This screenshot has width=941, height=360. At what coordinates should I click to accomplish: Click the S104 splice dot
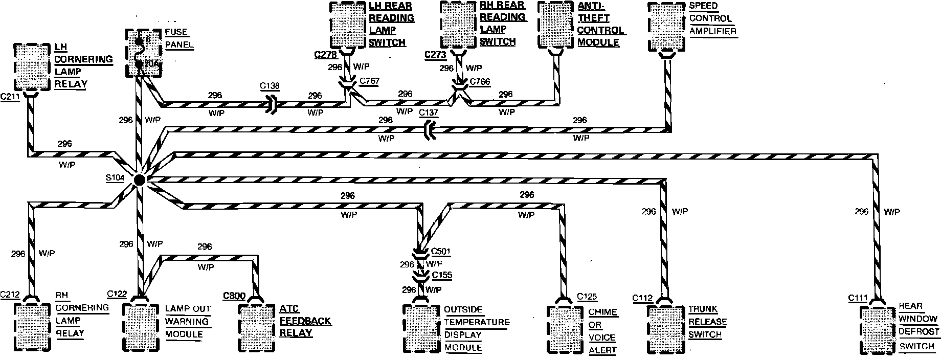(x=139, y=179)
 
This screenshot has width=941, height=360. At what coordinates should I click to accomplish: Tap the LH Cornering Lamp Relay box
(x=32, y=67)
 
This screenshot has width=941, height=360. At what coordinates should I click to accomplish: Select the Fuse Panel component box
(x=143, y=53)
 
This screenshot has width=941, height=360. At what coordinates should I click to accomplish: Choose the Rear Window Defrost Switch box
(x=878, y=330)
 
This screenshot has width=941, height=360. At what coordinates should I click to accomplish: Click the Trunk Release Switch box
(x=665, y=328)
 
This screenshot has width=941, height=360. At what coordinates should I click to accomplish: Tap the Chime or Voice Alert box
(x=566, y=329)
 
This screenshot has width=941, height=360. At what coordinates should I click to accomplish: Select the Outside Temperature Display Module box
(x=421, y=328)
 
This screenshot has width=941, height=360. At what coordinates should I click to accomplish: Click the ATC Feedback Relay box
(x=257, y=327)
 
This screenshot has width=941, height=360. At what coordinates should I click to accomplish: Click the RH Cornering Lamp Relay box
(x=32, y=326)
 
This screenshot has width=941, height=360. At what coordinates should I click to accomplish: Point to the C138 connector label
(x=270, y=86)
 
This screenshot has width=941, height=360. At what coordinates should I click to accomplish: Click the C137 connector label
(x=428, y=112)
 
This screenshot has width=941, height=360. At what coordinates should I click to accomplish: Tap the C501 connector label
(x=441, y=251)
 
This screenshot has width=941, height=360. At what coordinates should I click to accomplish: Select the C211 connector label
(x=11, y=96)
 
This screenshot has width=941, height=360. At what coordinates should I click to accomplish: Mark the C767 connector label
(x=370, y=81)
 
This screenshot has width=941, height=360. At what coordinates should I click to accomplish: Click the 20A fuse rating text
(x=150, y=64)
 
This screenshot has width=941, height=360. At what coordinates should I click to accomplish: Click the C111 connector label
(x=858, y=298)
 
